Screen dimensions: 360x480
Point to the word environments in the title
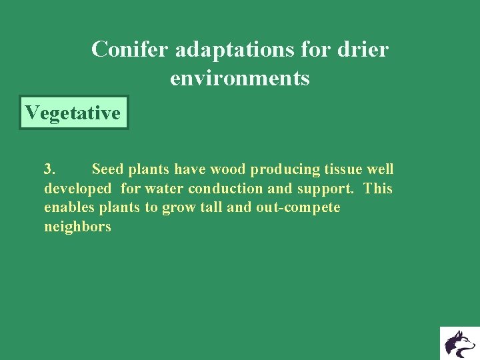pos(240,79)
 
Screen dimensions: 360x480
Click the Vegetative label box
pos(73,113)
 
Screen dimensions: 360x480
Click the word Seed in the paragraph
pos(107,169)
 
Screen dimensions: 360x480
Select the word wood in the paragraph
pos(228,169)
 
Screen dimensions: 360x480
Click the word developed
pos(77,189)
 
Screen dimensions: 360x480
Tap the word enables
pos(69,207)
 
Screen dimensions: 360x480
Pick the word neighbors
pos(77,227)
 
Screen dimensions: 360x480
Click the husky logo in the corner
pos(459,343)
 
